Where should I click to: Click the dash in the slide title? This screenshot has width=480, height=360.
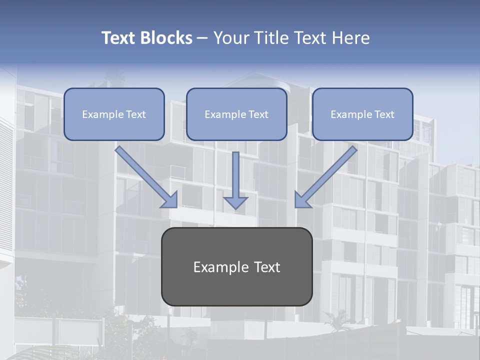[202, 38]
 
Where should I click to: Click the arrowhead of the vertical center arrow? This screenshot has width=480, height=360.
[235, 202]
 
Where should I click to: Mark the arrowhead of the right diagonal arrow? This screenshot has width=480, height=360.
[302, 200]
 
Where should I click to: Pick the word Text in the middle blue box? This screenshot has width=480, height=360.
[258, 114]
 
